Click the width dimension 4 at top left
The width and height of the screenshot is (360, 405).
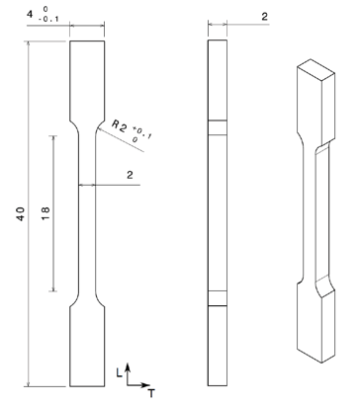click(x=12, y=14)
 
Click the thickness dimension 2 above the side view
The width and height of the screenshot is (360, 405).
click(x=266, y=17)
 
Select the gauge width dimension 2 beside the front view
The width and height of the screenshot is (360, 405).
click(x=130, y=174)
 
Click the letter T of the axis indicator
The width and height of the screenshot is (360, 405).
click(x=151, y=392)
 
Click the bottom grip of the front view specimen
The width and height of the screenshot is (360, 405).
click(x=84, y=351)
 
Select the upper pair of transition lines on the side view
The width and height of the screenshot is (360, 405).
click(x=217, y=125)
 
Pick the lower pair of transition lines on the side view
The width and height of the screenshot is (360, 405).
click(x=217, y=299)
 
